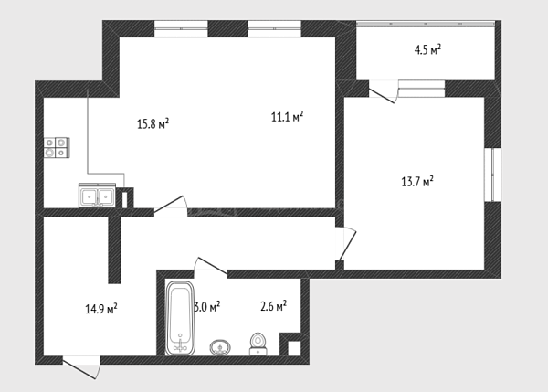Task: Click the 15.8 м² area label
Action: [153, 123]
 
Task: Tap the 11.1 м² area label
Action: [288, 116]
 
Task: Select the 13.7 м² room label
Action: [417, 182]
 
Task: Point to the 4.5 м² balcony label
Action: [427, 49]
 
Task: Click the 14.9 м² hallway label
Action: [101, 309]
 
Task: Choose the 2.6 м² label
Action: [274, 306]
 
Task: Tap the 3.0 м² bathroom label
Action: [207, 307]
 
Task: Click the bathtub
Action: [180, 318]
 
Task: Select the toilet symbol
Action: [258, 344]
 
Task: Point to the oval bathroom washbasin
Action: [220, 347]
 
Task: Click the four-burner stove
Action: [57, 147]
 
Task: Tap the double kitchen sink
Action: [97, 196]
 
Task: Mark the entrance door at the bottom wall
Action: [81, 366]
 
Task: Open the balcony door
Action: [384, 92]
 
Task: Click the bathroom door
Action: [210, 265]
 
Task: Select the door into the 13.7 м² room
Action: [345, 244]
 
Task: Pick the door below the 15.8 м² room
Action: [171, 207]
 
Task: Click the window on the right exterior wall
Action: [492, 175]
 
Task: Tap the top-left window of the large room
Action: [181, 28]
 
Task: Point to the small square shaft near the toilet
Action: [294, 348]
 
